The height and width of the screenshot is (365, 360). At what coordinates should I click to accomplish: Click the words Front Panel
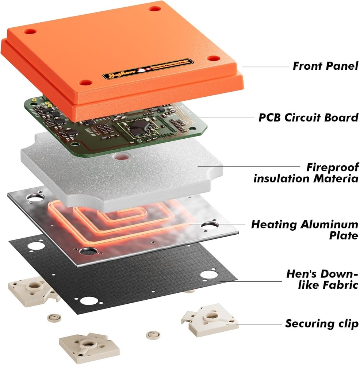(325, 66)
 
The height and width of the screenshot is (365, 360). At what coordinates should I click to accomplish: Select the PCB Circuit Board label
(308, 118)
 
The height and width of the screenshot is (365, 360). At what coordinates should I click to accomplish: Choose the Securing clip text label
(322, 323)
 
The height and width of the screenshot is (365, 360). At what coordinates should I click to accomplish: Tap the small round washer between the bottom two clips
(152, 334)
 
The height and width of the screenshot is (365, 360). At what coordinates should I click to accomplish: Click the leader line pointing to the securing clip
(259, 324)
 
